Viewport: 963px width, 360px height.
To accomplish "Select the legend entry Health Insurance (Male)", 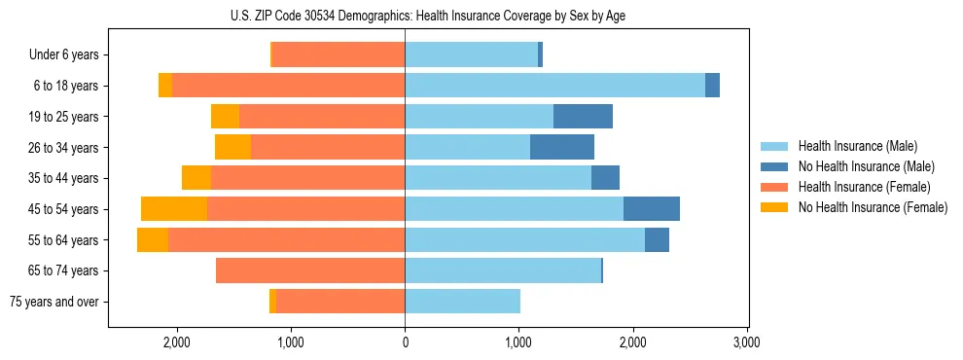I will (x=857, y=147).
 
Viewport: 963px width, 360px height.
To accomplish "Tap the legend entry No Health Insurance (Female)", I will (x=873, y=207).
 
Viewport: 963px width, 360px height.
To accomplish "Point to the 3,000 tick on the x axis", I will (x=746, y=342).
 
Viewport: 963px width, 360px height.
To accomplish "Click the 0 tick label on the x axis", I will (x=405, y=342).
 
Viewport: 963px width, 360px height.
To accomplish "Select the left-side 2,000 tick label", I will (x=177, y=342).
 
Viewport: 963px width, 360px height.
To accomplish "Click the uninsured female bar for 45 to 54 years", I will (x=174, y=209).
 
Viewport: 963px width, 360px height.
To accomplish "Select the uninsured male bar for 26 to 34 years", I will (x=562, y=147).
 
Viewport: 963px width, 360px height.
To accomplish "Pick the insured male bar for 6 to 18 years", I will (x=554, y=86).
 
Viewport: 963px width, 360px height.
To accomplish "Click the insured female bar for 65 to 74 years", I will (x=310, y=270).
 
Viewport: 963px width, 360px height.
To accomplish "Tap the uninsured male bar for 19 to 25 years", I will (x=583, y=117).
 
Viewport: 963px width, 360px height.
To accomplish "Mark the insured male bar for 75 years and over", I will (x=462, y=302).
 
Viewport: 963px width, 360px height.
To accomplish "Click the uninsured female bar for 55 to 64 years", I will (x=153, y=240).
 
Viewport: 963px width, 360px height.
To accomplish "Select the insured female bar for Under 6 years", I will (x=338, y=55).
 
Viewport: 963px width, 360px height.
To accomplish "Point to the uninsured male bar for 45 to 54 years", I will (x=652, y=209).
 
